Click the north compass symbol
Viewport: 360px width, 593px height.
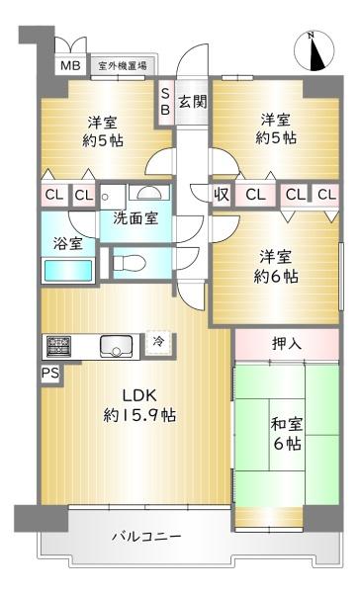315,51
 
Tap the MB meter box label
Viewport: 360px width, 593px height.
69,66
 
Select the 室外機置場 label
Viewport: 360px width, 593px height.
122,66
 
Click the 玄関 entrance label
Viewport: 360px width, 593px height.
192,101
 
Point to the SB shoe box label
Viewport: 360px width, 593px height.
165,102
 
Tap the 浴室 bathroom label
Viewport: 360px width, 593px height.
67,239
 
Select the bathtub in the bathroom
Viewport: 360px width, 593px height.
67,269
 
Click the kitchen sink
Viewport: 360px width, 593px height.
116,346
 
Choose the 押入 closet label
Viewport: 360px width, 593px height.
287,345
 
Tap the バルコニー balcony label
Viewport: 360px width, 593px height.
144,537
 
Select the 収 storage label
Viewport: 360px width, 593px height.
222,195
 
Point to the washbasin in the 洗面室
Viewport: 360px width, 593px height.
151,194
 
